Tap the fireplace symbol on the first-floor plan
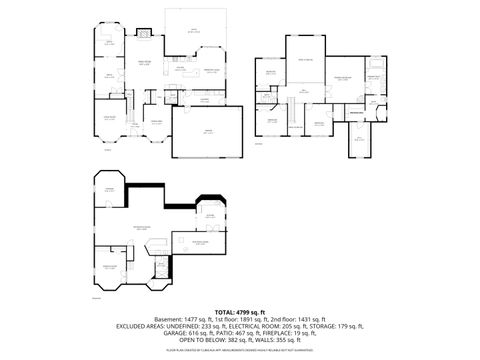142,32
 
